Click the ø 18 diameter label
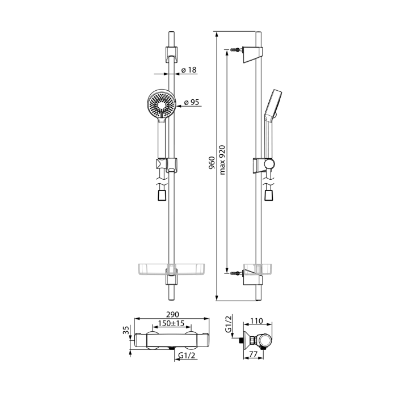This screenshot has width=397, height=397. (x=189, y=70)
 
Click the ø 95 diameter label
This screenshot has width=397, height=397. (x=192, y=102)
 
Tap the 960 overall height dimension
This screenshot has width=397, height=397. (x=212, y=163)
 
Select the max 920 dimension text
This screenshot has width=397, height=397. (x=222, y=160)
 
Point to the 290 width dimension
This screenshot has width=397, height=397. (x=172, y=314)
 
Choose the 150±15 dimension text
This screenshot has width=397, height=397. (x=171, y=323)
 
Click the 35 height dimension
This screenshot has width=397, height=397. (x=126, y=330)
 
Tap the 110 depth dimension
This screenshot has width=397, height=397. (x=256, y=321)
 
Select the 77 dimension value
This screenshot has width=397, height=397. (x=253, y=354)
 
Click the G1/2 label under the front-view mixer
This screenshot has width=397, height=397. (x=187, y=356)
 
